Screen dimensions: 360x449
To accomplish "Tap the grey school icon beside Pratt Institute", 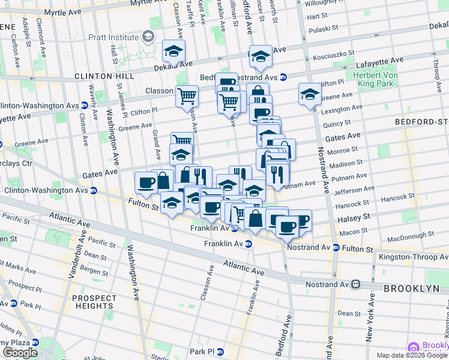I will (x=146, y=38).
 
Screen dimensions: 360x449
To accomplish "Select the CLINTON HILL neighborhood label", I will (x=101, y=76).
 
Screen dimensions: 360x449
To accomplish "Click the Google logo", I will (x=20, y=353).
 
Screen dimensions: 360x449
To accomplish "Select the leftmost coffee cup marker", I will (x=145, y=182).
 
